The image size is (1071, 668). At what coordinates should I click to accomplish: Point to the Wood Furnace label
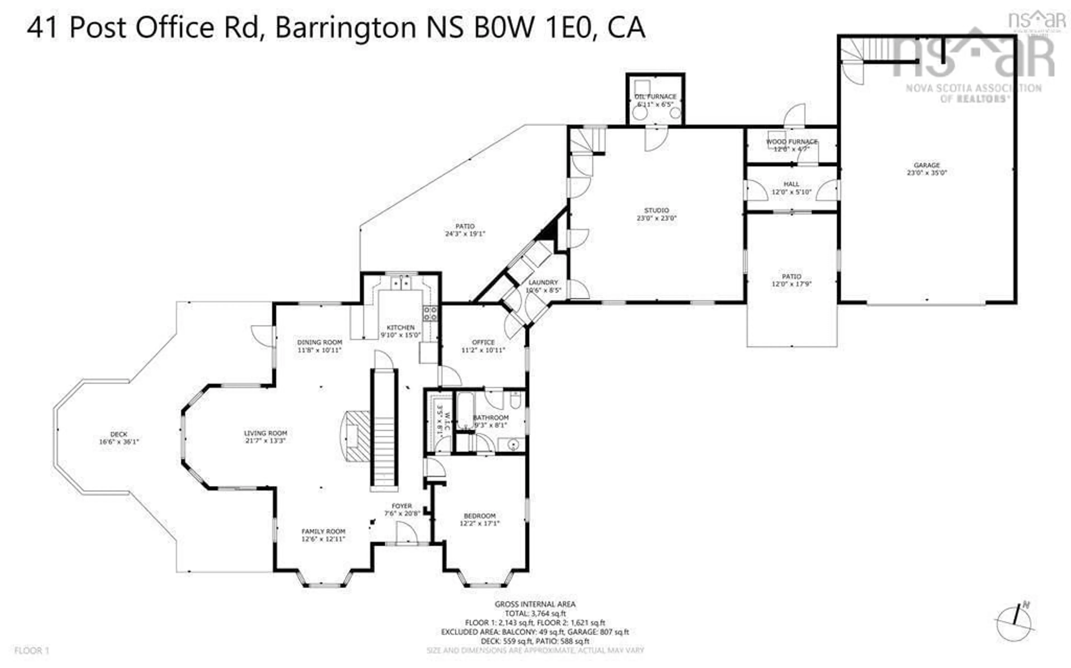tap(791, 145)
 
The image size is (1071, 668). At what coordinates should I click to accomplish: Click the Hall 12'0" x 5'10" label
tap(791, 188)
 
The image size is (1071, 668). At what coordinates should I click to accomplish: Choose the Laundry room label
tap(543, 286)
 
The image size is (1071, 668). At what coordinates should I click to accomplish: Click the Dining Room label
tap(319, 346)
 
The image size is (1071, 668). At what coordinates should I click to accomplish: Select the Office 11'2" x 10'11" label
tap(483, 346)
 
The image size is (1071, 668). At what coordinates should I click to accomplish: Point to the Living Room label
tap(266, 437)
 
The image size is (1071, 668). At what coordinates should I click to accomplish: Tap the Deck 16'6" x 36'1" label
tap(119, 438)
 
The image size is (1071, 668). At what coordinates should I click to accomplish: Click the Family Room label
tap(323, 535)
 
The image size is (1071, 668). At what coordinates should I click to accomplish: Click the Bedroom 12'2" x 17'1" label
tap(479, 520)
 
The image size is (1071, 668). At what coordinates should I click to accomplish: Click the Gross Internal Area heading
tap(535, 604)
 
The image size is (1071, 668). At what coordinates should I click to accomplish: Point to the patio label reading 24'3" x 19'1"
tap(465, 230)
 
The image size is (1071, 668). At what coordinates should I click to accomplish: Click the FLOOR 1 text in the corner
tap(32, 650)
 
